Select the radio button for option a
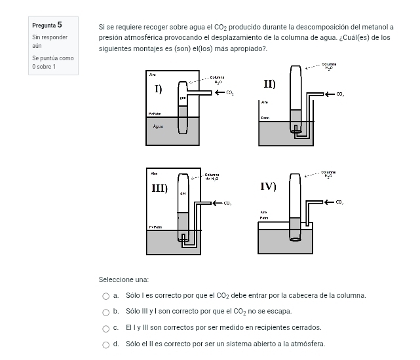[105, 296]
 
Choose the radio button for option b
[105, 312]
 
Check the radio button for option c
[105, 328]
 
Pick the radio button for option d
[105, 344]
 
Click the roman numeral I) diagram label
[158, 88]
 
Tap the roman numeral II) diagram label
[269, 84]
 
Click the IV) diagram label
[269, 187]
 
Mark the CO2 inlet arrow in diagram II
[331, 94]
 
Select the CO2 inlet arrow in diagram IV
[330, 204]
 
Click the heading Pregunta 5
[47, 25]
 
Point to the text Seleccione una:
[123, 279]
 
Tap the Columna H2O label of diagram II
[328, 66]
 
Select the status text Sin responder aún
[49, 42]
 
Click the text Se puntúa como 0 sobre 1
[52, 62]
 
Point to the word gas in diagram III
[183, 194]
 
